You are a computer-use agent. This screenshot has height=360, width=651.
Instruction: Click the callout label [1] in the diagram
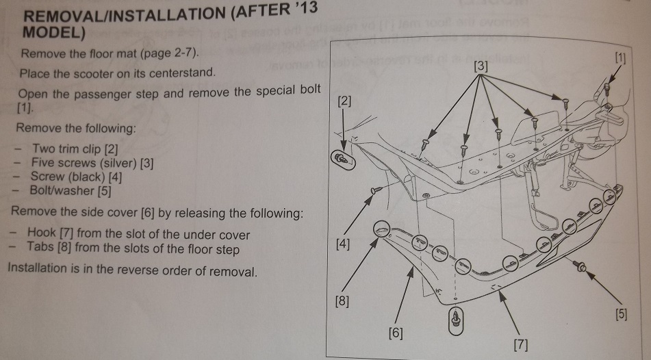tap(620, 58)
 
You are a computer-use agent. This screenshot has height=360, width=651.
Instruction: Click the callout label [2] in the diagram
tap(345, 102)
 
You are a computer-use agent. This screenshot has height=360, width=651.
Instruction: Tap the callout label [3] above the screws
tap(481, 67)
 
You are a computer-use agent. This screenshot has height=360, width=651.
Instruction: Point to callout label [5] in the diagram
tap(620, 316)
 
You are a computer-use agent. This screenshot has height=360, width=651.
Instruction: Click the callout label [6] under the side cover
tap(395, 333)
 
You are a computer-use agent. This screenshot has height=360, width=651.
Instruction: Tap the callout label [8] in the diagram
tap(341, 300)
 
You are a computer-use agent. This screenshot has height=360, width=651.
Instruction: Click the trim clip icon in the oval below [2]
tap(342, 159)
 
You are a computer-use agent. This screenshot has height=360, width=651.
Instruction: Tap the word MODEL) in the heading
tap(53, 32)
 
